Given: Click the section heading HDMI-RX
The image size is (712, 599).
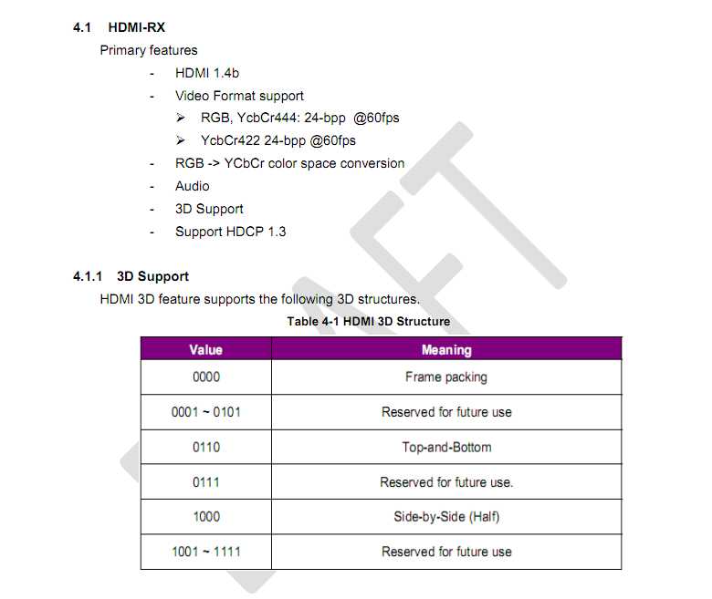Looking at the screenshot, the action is click(x=136, y=27).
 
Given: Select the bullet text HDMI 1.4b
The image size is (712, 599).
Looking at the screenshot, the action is click(x=207, y=73).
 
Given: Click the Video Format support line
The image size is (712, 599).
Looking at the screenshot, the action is click(x=239, y=96).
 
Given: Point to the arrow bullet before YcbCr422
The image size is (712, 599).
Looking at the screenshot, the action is click(x=181, y=140).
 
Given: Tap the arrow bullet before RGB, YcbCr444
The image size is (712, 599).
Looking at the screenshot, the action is click(x=181, y=118).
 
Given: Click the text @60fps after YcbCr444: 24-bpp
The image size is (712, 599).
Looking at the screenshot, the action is click(x=376, y=118).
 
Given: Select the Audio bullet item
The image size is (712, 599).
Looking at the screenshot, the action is click(x=192, y=186).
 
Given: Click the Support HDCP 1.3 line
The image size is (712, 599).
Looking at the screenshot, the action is click(x=231, y=232).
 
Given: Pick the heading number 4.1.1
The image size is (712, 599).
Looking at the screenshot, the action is click(x=88, y=276).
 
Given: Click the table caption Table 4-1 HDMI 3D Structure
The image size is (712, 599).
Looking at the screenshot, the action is click(x=368, y=322).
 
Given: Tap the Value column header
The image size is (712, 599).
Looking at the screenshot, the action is click(x=206, y=349).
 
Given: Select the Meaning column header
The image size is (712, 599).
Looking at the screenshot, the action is click(x=446, y=349).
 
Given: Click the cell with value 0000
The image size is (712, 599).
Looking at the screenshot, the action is click(x=206, y=377).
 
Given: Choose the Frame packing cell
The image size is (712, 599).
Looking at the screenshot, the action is click(x=446, y=377).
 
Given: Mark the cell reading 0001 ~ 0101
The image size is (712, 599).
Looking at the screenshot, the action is click(x=206, y=412).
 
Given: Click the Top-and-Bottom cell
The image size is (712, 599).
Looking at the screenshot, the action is click(x=446, y=448).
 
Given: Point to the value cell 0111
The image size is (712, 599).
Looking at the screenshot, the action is click(x=206, y=482).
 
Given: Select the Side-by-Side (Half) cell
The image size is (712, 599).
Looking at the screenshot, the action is click(x=446, y=517).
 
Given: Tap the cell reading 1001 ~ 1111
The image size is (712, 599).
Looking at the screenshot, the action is click(x=206, y=552).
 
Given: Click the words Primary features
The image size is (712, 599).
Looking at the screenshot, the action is click(x=149, y=50).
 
